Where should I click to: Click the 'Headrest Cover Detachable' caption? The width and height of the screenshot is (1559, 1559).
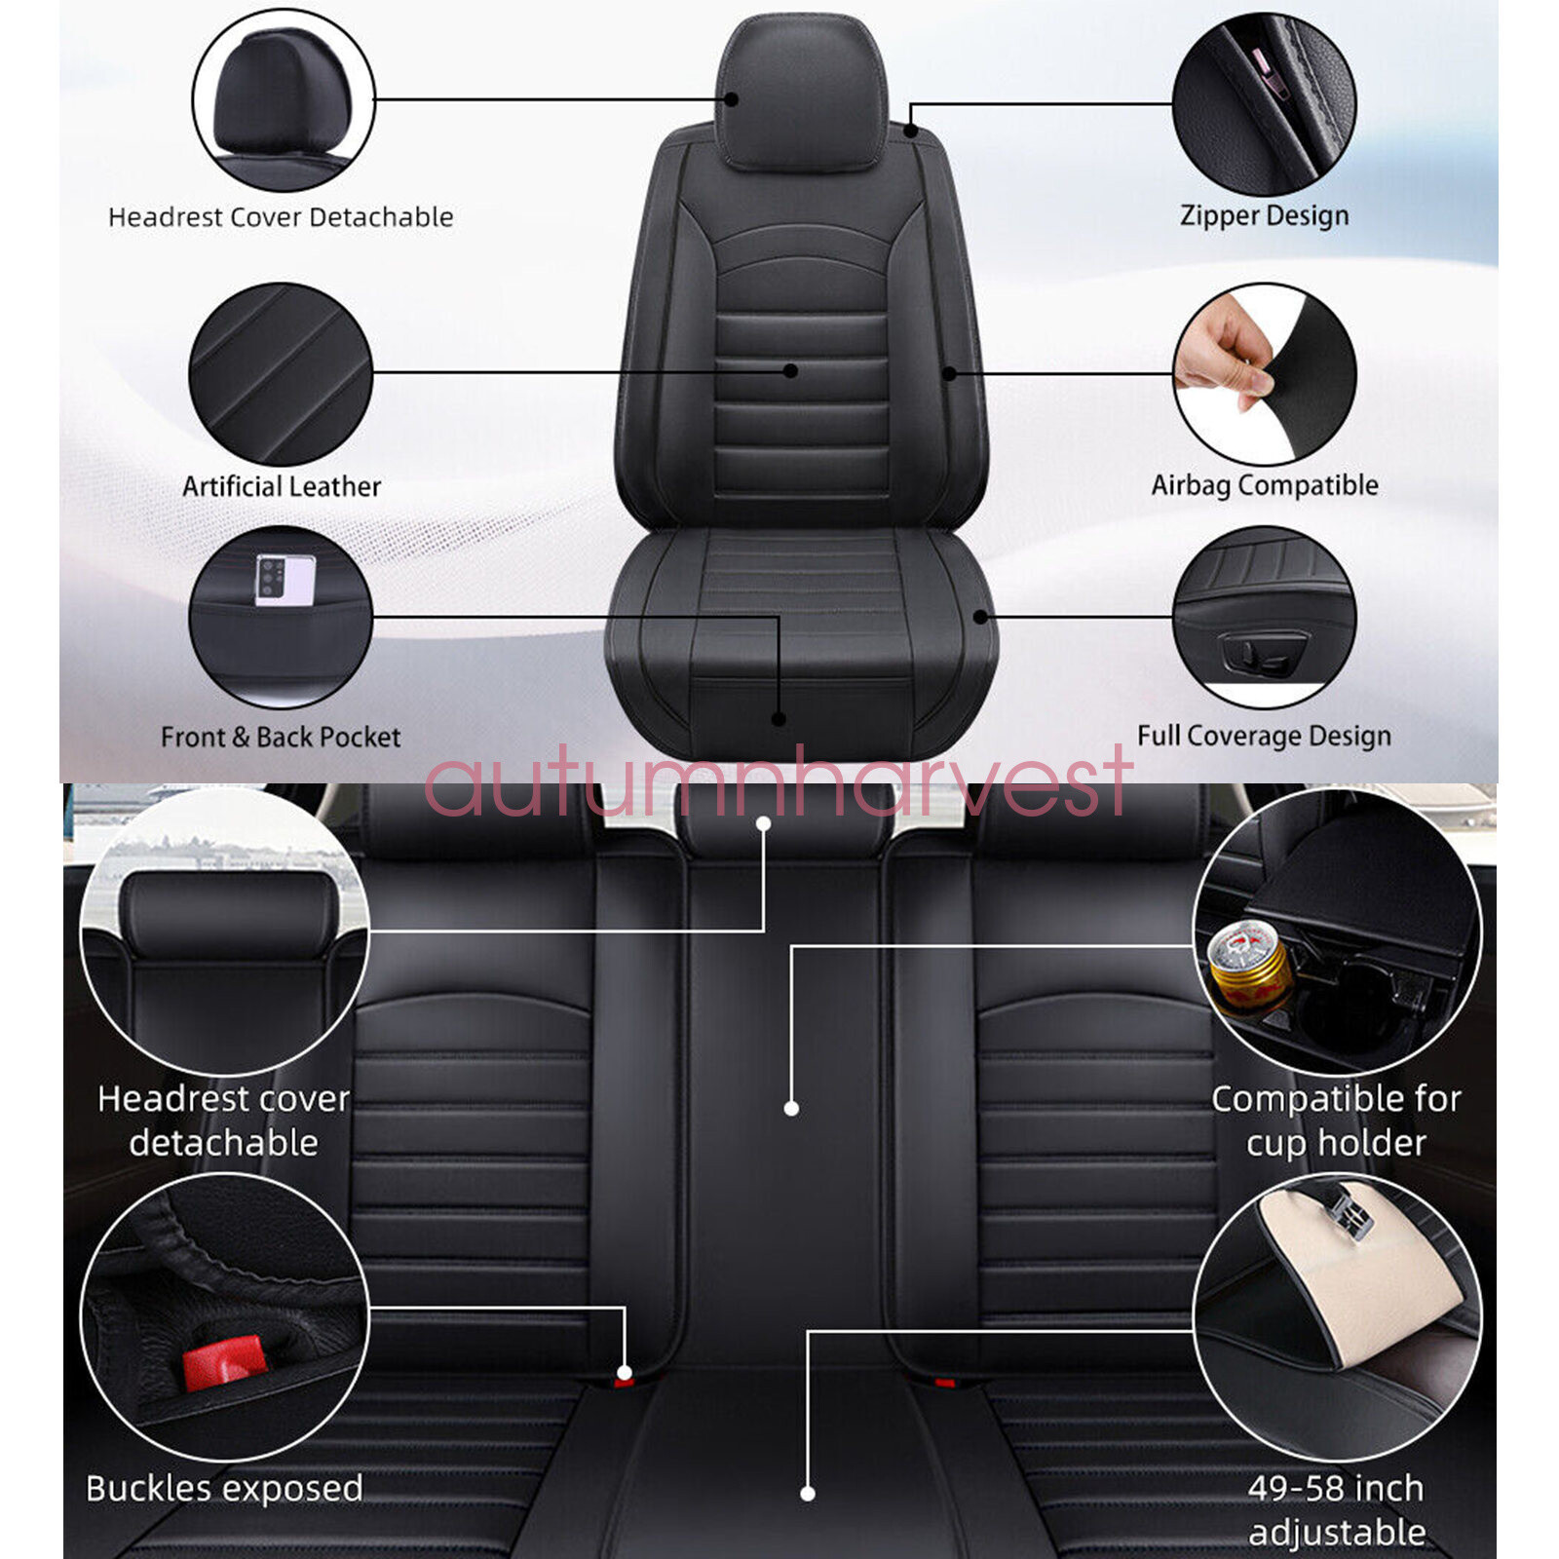[x=281, y=216]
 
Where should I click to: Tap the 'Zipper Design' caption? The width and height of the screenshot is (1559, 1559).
[x=1264, y=215]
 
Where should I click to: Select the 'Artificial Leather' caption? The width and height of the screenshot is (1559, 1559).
[x=281, y=485]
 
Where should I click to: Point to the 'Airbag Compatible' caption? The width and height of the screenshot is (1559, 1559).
[x=1264, y=484]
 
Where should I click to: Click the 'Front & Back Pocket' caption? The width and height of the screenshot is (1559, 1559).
[x=281, y=737]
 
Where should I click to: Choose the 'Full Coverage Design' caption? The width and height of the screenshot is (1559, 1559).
[x=1264, y=736]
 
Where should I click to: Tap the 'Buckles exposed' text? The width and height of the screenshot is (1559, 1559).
[x=224, y=1488]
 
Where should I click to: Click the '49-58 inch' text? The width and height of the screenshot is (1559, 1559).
[x=1336, y=1488]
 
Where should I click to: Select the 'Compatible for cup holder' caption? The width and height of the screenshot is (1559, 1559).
[x=1336, y=1121]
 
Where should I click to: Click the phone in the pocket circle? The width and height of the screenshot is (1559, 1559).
[x=285, y=580]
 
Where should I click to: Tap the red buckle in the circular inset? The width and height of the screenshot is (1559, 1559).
[x=224, y=1361]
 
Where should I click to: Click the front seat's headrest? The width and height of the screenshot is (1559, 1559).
[x=802, y=93]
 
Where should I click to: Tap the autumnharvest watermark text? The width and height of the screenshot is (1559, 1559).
[x=778, y=783]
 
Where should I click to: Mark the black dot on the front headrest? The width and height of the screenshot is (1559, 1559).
[x=731, y=98]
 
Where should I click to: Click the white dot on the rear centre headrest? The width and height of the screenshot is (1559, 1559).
[x=763, y=824]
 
